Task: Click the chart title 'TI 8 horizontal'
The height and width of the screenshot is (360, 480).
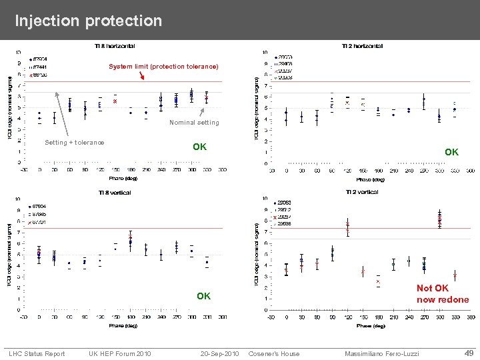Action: (114, 46)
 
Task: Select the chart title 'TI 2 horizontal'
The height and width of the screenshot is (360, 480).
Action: (362, 46)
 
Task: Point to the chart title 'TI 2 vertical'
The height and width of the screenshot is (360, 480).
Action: (361, 192)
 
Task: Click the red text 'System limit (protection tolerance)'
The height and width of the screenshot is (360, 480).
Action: (163, 67)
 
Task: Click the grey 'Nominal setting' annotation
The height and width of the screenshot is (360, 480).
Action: (194, 123)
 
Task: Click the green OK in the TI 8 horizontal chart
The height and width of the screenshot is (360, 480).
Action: (199, 147)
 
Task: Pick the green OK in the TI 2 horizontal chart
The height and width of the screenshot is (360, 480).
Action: (451, 153)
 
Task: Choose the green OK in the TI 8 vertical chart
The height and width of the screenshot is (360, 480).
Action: (203, 296)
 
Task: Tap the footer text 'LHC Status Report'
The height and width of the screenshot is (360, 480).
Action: (37, 353)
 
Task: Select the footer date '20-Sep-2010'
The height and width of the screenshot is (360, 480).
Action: (219, 353)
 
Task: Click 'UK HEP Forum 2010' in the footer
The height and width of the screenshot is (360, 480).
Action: (119, 353)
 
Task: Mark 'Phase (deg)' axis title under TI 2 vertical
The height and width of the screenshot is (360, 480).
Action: (370, 326)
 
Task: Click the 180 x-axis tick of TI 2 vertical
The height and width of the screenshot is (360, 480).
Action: (378, 317)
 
